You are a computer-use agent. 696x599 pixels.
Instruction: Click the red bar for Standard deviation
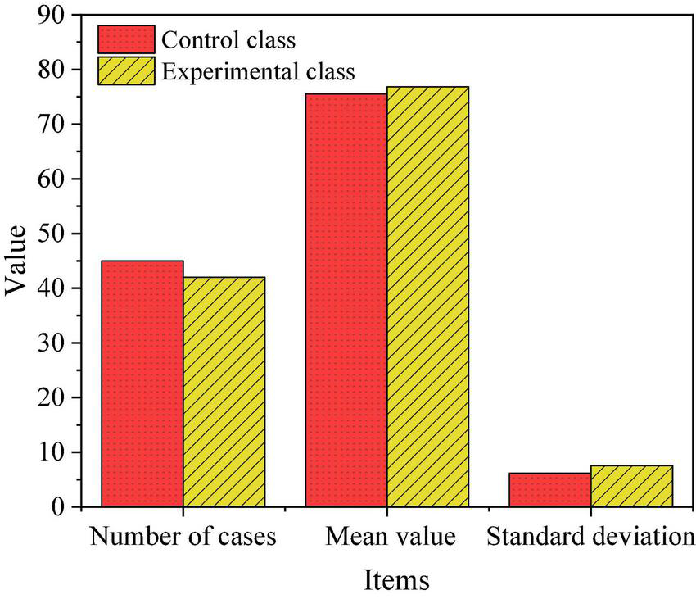[x=549, y=490]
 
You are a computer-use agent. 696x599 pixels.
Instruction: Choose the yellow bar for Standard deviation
[x=631, y=486]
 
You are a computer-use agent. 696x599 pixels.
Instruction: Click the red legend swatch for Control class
[x=126, y=39]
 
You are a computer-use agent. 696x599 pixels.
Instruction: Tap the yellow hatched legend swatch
[x=126, y=70]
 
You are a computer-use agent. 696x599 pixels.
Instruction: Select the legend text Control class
[x=228, y=39]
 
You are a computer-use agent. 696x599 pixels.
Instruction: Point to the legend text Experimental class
[x=258, y=71]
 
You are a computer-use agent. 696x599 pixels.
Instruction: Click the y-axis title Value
[x=17, y=261]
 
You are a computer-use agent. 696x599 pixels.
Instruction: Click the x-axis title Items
[x=396, y=580]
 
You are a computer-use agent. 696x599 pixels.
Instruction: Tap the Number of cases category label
[x=183, y=538]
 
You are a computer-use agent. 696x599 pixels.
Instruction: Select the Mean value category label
[x=390, y=538]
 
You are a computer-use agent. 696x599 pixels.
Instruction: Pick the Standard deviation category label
[x=590, y=538]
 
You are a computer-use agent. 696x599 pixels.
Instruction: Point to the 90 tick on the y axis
[x=51, y=16]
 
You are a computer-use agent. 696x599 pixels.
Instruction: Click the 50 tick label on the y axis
[x=51, y=234]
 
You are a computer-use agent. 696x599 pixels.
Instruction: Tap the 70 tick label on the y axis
[x=51, y=125]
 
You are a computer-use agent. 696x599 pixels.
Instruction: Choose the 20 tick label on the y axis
[x=51, y=398]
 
